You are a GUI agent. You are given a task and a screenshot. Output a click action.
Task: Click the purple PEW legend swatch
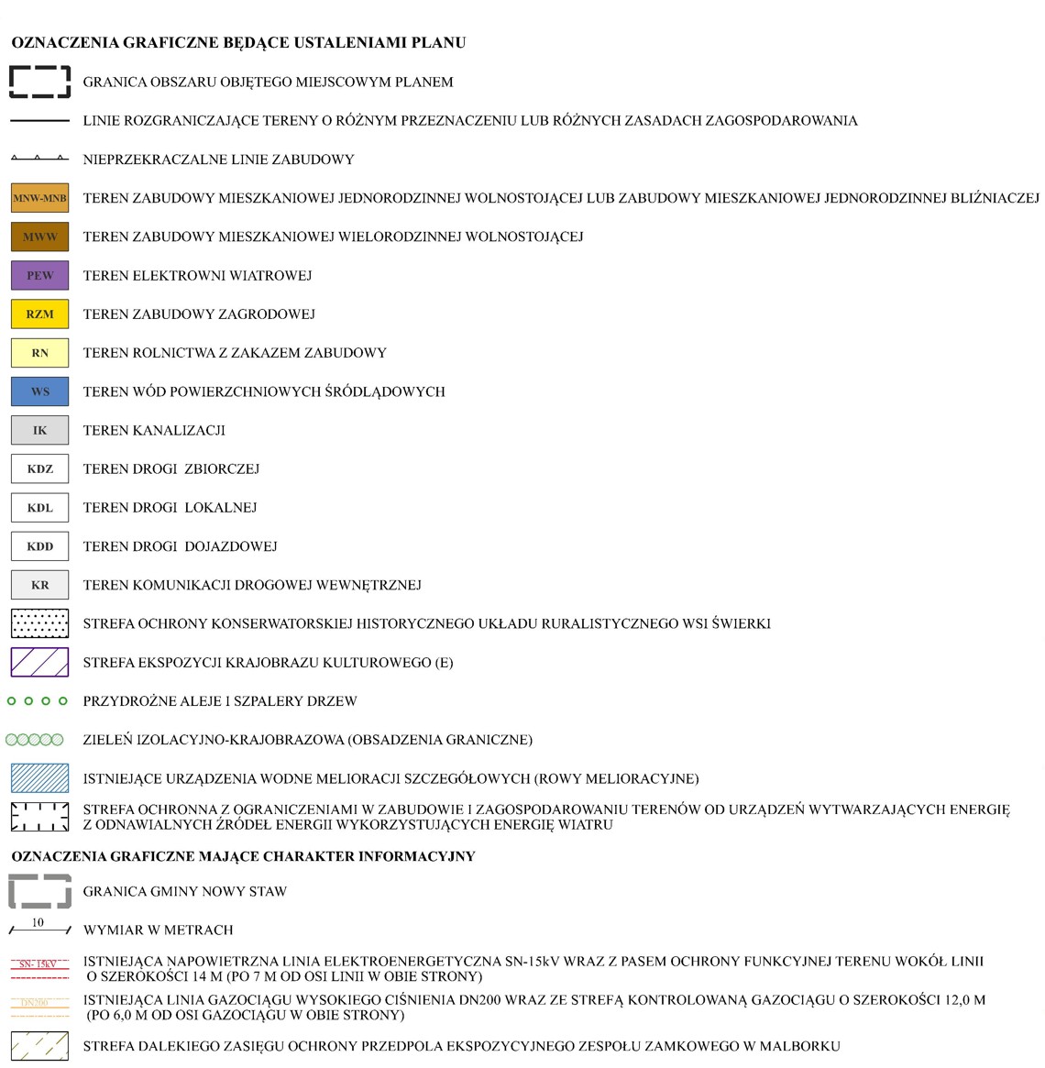click(39, 275)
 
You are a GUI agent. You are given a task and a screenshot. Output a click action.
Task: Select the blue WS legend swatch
click(39, 391)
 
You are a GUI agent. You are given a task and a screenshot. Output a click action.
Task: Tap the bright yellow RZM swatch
click(39, 314)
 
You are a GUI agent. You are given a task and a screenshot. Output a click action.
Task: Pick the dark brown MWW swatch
click(39, 237)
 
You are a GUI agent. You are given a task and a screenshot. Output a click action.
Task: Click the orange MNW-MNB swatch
click(39, 198)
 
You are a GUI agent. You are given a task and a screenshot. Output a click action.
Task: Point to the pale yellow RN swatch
click(39, 353)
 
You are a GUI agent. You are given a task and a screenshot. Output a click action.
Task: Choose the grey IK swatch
click(39, 430)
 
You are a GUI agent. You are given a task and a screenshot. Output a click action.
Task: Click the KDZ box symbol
click(39, 468)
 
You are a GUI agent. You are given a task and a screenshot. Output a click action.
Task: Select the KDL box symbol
click(39, 508)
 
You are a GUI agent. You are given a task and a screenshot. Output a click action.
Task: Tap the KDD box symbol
click(39, 546)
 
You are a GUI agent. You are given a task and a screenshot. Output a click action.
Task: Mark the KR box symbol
click(39, 585)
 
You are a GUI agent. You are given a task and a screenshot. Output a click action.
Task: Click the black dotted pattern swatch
click(39, 623)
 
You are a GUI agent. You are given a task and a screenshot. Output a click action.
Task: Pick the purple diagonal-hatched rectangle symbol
click(39, 662)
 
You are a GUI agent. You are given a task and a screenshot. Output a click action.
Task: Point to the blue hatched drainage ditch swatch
click(39, 778)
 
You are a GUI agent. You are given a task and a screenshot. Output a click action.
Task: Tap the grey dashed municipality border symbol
click(39, 891)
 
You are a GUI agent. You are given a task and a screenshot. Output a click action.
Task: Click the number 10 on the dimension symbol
click(38, 922)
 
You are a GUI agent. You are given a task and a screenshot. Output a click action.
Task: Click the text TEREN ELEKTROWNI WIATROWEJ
click(197, 275)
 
